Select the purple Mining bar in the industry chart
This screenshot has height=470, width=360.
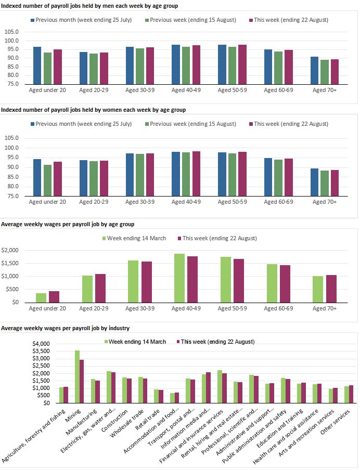pos(82,381)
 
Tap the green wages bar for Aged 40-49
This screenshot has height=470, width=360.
pos(179,278)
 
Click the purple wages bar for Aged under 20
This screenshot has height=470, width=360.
pos(54,296)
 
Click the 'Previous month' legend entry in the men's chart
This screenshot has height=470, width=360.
pos(81,20)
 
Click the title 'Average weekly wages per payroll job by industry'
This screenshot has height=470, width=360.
pos(66,328)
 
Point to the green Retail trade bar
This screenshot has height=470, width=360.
pos(141,396)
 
